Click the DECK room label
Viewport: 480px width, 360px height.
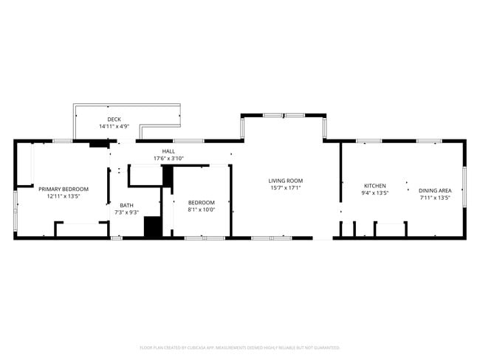pyautogui.click(x=114, y=119)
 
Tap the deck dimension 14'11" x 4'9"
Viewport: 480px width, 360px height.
pyautogui.click(x=114, y=126)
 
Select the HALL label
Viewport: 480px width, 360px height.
pyautogui.click(x=168, y=151)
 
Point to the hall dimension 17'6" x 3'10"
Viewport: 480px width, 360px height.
pyautogui.click(x=168, y=159)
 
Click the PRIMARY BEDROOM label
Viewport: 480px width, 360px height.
pyautogui.click(x=64, y=189)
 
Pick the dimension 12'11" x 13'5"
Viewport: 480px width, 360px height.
pyautogui.click(x=64, y=196)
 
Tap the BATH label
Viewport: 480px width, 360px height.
pyautogui.click(x=127, y=205)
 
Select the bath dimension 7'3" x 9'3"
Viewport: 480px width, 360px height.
pyautogui.click(x=127, y=212)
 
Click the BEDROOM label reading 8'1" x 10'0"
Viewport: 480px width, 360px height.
pyautogui.click(x=201, y=202)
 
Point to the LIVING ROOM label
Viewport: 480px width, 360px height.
pyautogui.click(x=285, y=181)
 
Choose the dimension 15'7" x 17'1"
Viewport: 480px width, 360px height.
pyautogui.click(x=285, y=188)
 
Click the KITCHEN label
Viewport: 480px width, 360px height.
pyautogui.click(x=374, y=186)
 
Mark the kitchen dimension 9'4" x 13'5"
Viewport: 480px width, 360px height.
pyautogui.click(x=374, y=193)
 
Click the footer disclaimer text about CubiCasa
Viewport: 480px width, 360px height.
pyautogui.click(x=240, y=347)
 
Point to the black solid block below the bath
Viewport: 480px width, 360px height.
pyautogui.click(x=153, y=227)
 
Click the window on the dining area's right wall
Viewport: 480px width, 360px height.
pyautogui.click(x=464, y=187)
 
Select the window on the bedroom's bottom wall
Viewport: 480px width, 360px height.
pyautogui.click(x=205, y=238)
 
